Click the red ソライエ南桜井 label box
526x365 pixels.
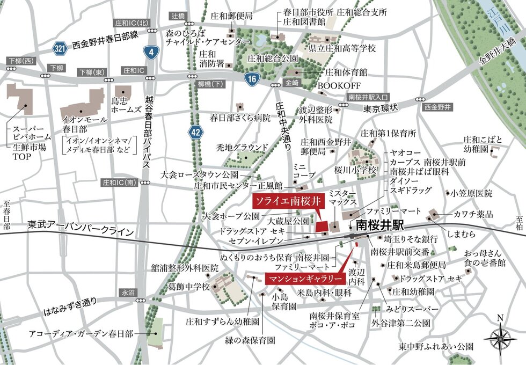click(x=287, y=202)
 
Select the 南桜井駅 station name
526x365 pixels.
click(x=378, y=224)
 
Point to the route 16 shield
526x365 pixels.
click(x=251, y=80)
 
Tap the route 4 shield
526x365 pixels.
click(x=151, y=52)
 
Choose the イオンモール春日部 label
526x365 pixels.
click(x=82, y=125)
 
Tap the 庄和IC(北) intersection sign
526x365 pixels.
click(x=131, y=24)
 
